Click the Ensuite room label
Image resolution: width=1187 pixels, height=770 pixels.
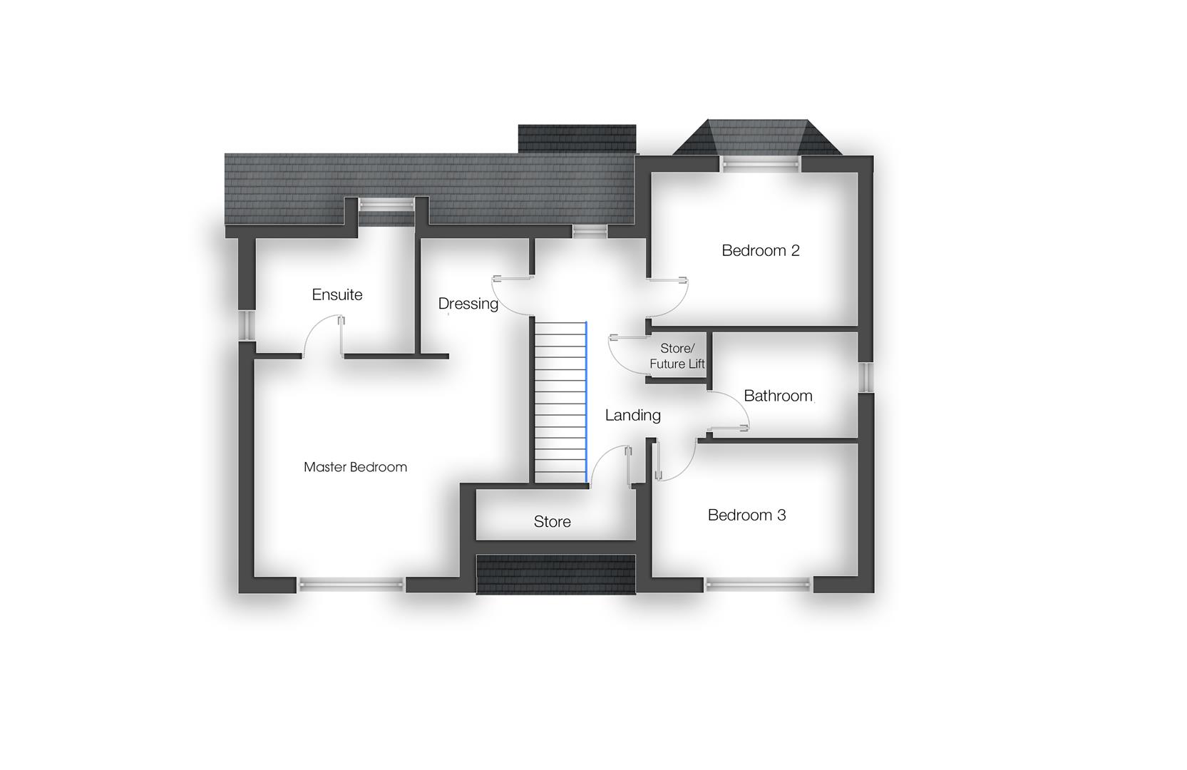tap(337, 294)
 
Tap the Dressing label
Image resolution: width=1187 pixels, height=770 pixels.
tap(468, 304)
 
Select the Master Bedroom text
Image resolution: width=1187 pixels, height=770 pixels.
tap(355, 467)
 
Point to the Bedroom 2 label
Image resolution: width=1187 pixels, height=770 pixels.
tap(760, 250)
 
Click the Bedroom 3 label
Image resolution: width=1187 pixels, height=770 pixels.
tap(746, 515)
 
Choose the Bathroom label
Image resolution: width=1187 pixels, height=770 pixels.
tap(778, 396)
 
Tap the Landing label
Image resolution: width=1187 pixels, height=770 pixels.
tap(632, 415)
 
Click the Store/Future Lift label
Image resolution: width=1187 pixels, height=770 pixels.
tap(677, 356)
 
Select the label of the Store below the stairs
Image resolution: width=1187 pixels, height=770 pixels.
tap(552, 522)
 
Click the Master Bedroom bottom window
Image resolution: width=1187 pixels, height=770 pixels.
tap(351, 585)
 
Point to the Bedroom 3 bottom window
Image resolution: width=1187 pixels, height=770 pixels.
tap(759, 585)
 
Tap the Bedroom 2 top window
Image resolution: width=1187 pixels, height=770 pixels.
tap(759, 164)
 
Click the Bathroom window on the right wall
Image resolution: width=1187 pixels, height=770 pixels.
tap(867, 377)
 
